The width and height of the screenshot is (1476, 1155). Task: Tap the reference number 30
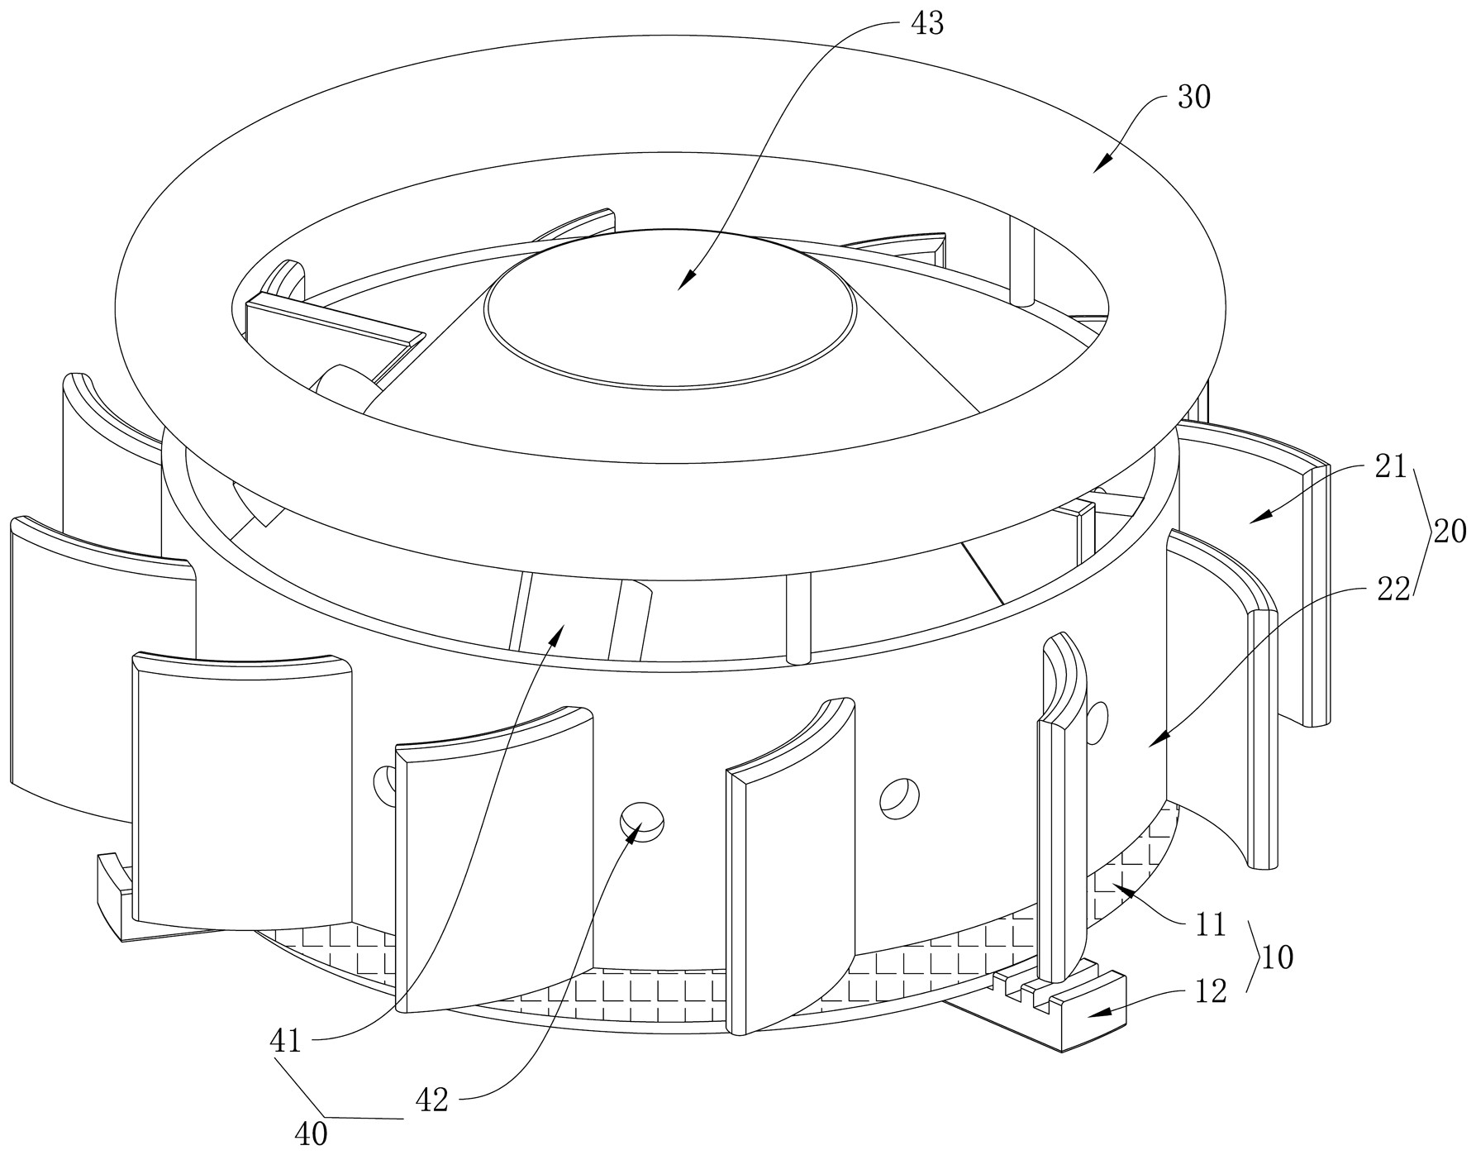pos(1193,98)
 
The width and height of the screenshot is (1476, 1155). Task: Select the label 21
pos(1390,467)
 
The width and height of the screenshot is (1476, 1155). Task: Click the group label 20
pos(1450,531)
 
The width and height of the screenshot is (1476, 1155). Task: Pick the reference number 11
pos(1212,924)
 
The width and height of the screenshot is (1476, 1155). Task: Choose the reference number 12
pos(1212,990)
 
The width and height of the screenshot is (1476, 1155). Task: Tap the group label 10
pos(1277,958)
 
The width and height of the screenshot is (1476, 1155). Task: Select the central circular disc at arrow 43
pos(671,308)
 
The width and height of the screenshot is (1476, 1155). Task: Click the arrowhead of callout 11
pos(1120,889)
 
